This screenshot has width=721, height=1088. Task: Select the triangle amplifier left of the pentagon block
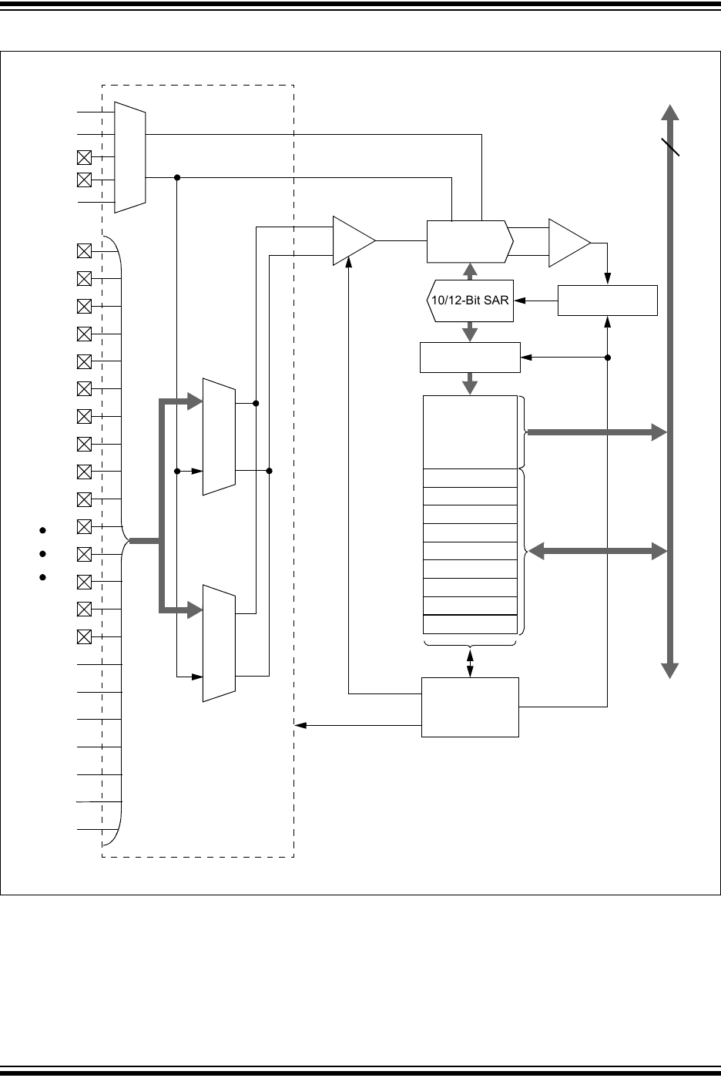pos(350,241)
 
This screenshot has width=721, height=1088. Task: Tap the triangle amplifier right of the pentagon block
pos(567,243)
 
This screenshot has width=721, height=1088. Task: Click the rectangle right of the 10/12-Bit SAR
pos(607,300)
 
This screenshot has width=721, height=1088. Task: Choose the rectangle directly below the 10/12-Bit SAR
pos(470,358)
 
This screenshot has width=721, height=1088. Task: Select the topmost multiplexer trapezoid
pos(129,156)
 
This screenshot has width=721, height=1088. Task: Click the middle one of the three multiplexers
pos(219,436)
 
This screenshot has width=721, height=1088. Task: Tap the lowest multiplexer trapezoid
pos(219,643)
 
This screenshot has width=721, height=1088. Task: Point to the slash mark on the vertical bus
pos(670,146)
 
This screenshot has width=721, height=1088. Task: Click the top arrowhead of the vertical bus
pos(670,112)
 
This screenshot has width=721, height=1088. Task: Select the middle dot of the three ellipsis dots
pos(43,553)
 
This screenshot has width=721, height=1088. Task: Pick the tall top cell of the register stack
pos(470,432)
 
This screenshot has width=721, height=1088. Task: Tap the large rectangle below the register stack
pos(470,707)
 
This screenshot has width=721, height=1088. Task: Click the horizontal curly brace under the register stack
pos(470,643)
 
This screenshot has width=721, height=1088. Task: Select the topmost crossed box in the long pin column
pos(85,250)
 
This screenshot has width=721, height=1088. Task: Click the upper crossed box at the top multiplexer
pos(85,158)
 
